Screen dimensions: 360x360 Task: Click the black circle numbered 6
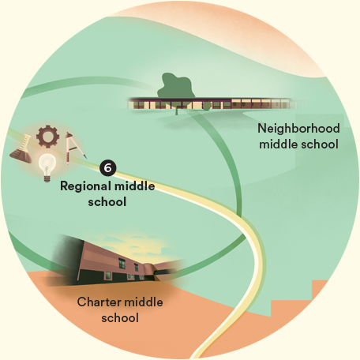(108, 167)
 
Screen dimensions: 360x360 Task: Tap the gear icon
(47, 136)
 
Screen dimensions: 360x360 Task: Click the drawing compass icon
(74, 148)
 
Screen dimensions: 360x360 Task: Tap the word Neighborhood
(298, 129)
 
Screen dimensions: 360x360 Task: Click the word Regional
(85, 186)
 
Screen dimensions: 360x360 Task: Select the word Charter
(98, 302)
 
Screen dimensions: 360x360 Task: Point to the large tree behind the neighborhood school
(176, 87)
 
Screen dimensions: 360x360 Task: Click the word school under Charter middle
(120, 318)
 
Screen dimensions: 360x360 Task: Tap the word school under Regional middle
(107, 202)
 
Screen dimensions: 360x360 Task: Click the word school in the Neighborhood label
(320, 144)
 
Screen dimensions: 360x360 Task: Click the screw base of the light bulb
(47, 178)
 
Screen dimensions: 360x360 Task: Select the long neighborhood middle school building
(211, 103)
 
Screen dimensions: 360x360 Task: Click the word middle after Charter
(143, 302)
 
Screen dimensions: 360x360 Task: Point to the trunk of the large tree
(177, 110)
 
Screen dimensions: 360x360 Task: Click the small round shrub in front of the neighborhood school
(207, 106)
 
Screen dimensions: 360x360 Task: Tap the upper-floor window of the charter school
(122, 263)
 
